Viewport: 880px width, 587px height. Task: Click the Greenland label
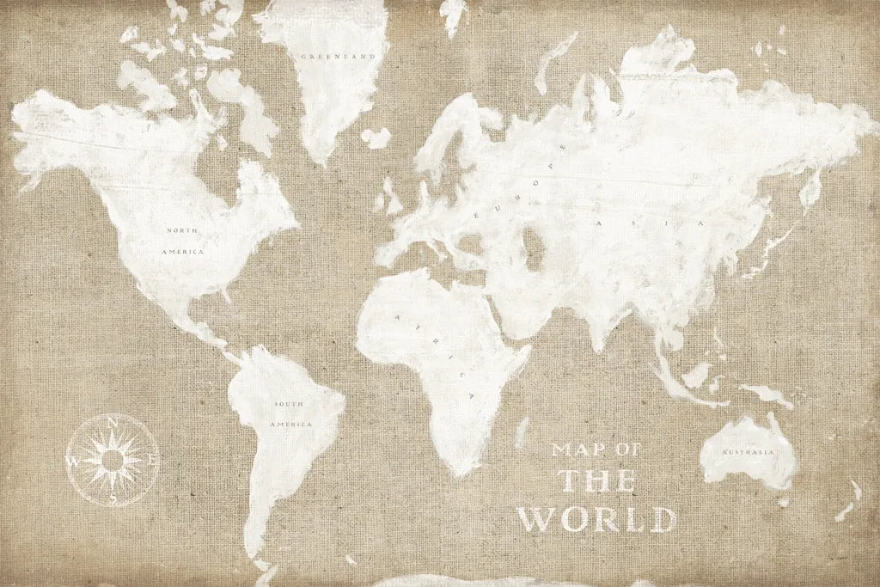click(339, 57)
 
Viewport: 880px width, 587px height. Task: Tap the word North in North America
click(181, 230)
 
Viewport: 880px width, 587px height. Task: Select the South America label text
click(290, 414)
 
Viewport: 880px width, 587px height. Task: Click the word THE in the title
click(598, 481)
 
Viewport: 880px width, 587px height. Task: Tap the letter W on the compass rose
click(73, 462)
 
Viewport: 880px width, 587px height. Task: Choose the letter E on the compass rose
click(152, 460)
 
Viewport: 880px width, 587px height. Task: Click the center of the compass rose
click(113, 461)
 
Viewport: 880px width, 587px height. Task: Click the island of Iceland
click(375, 138)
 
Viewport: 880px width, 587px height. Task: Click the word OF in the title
click(627, 449)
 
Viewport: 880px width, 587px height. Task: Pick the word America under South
click(290, 425)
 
